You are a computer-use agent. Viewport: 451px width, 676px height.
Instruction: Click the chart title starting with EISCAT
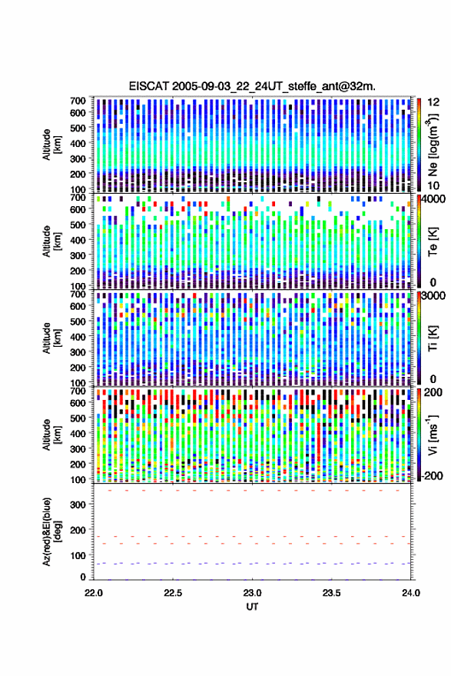pos(252,86)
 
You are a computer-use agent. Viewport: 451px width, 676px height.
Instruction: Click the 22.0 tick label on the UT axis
pos(94,593)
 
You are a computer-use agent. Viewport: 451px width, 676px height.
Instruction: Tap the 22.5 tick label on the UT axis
pos(173,593)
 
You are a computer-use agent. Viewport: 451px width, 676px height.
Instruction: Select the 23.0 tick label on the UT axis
pos(252,593)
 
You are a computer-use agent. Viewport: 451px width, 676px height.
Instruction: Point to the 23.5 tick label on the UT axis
pos(331,593)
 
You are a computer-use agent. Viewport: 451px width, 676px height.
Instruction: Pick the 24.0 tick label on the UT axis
pos(411,593)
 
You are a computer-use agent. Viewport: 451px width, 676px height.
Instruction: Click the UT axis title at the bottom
pos(252,607)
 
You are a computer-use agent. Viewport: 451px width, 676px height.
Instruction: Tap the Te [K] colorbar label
pos(433,241)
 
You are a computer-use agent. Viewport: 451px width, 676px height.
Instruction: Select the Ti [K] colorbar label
pos(433,338)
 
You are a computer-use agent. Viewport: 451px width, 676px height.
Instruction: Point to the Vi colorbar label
pos(433,435)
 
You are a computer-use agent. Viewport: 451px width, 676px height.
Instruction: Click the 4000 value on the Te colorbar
pos(434,199)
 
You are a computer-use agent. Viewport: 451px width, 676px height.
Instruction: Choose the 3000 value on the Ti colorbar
pos(434,296)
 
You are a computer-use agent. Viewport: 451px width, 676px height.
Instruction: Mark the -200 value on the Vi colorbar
pos(431,476)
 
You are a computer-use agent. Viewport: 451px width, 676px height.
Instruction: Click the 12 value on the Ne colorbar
pos(433,102)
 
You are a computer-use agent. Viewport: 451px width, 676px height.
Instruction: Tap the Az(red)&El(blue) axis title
pos(51,532)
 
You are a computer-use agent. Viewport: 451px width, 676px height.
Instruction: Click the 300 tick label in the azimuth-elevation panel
pos(78,505)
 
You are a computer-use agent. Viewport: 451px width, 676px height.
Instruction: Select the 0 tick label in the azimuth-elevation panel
pos(83,577)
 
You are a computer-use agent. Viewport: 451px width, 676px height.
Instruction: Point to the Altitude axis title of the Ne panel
pos(51,145)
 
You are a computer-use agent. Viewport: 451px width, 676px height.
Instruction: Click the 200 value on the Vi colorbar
pos(433,392)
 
